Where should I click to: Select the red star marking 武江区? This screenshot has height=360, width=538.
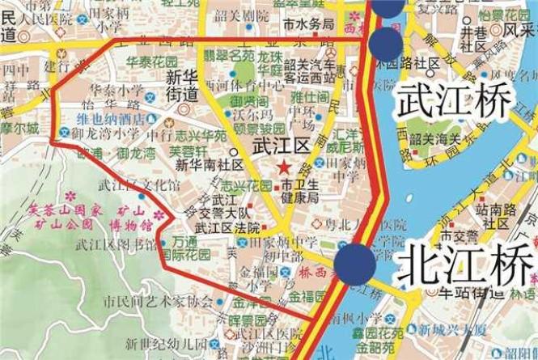click(283, 167)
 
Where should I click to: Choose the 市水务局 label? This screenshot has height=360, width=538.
click(310, 24)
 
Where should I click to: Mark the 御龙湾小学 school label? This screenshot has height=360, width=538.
click(105, 131)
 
